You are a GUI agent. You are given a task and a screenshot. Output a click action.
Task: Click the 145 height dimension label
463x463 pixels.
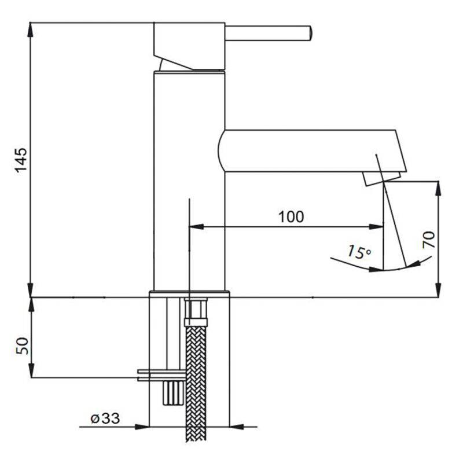point(21,160)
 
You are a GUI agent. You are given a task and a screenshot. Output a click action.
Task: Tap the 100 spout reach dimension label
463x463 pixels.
point(291,216)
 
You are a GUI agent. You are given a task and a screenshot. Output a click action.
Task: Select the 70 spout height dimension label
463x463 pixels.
point(429,240)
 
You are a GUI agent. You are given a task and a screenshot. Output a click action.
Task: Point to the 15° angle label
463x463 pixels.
point(359,252)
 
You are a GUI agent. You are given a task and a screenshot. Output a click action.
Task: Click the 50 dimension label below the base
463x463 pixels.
point(22,346)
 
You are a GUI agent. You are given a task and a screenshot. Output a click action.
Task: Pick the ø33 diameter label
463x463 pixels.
point(105,418)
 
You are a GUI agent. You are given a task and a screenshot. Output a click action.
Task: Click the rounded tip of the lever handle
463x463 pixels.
point(309,33)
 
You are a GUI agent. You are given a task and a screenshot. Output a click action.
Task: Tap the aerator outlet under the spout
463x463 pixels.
point(382,179)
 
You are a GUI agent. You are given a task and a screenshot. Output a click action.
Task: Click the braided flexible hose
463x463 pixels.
point(196,384)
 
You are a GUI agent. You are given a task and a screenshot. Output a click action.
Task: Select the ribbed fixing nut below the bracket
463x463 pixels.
point(173,393)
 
